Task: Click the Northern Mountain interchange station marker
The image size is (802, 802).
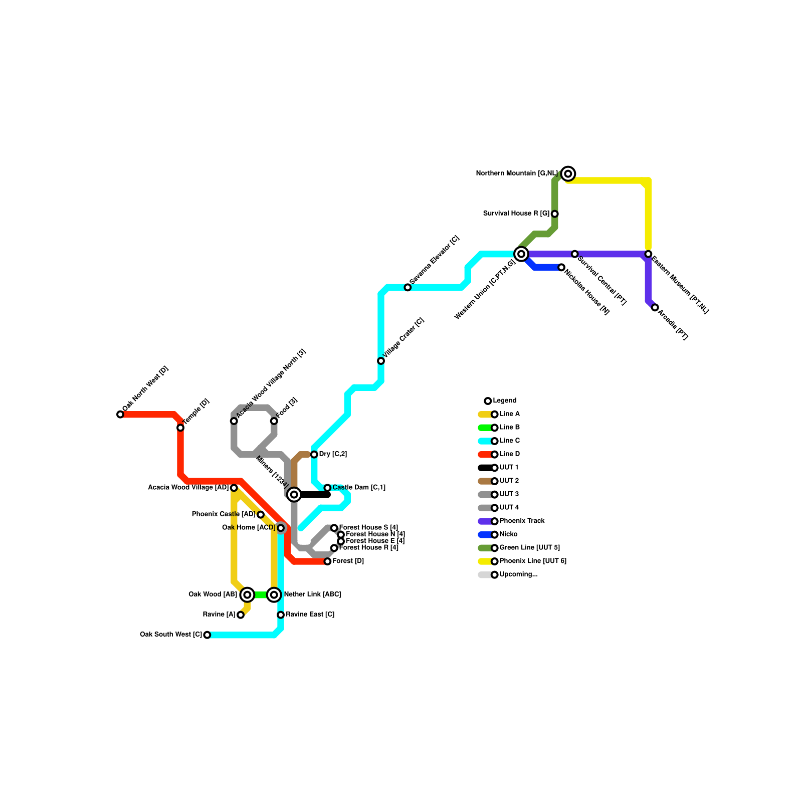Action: [568, 173]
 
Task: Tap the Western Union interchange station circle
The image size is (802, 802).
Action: [521, 254]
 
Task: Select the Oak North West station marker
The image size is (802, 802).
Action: [120, 414]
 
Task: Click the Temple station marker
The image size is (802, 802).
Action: [180, 428]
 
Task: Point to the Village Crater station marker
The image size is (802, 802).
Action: [381, 361]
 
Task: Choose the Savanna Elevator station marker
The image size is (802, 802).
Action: [408, 287]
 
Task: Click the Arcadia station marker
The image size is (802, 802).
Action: [655, 307]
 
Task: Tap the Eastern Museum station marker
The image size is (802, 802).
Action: [648, 254]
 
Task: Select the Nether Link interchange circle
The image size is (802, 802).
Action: [274, 595]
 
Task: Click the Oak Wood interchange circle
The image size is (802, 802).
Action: [247, 595]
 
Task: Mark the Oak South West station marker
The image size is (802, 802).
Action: [207, 635]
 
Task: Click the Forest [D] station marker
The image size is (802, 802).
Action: [327, 561]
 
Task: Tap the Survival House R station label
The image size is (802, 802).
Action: [516, 214]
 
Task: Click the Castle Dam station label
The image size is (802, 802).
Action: [359, 488]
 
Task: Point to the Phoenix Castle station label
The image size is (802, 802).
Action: [224, 514]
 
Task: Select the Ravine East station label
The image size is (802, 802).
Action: [310, 615]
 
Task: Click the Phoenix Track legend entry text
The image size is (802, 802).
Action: [522, 521]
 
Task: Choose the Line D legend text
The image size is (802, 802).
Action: [510, 454]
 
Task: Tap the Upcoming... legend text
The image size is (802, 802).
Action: [518, 574]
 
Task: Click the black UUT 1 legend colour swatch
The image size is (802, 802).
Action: [485, 468]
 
